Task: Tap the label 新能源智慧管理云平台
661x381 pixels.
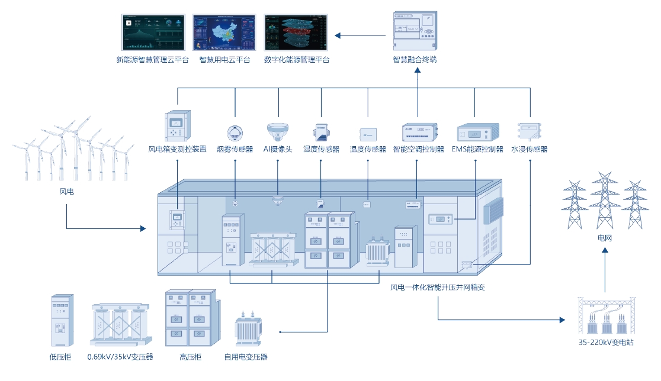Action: click(153, 60)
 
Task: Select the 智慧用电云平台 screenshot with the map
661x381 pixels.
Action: click(224, 33)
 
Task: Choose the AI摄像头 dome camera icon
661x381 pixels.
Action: click(278, 131)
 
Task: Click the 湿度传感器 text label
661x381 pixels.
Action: click(321, 150)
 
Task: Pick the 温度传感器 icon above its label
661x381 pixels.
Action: click(368, 133)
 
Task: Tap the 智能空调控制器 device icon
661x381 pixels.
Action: click(418, 131)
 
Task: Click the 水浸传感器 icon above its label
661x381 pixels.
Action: click(529, 131)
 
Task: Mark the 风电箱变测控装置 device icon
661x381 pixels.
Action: click(177, 125)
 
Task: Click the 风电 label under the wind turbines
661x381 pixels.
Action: click(66, 192)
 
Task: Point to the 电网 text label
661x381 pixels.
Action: click(605, 238)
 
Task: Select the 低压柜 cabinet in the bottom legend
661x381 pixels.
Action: click(60, 320)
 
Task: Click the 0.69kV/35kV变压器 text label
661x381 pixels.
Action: click(120, 357)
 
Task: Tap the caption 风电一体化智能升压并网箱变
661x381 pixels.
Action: click(438, 288)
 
